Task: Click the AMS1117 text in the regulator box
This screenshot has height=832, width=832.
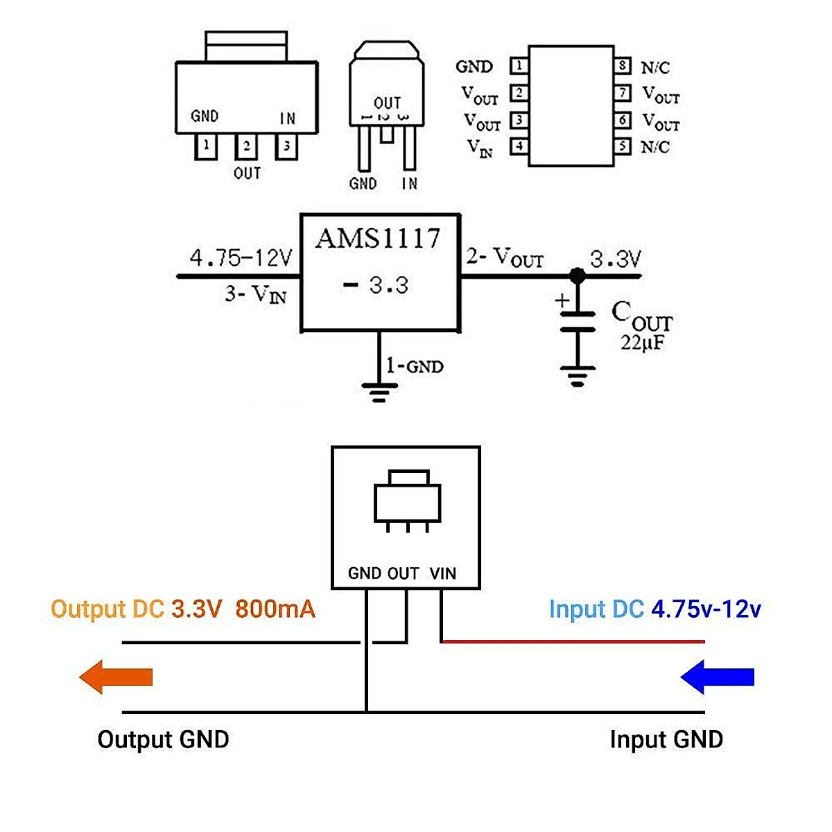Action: [378, 239]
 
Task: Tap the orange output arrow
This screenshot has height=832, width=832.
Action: [116, 677]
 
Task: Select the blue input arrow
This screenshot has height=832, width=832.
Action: [717, 677]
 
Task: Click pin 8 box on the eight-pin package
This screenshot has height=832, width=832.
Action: [623, 67]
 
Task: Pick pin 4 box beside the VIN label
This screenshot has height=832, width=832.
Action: [519, 146]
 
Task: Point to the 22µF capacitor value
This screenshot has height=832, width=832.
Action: [642, 342]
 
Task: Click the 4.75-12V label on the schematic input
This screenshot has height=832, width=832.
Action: [241, 259]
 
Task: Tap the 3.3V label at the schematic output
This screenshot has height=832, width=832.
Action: [616, 259]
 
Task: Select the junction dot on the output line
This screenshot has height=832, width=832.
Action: [577, 276]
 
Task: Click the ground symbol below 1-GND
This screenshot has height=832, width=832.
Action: [379, 393]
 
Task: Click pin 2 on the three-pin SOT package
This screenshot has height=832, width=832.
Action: [246, 147]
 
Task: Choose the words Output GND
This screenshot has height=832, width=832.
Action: [163, 739]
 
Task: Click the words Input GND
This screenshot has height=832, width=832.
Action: [666, 739]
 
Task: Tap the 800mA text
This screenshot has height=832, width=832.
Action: [275, 609]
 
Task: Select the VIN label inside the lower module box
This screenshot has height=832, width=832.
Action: [443, 573]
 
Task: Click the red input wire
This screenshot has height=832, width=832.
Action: [573, 642]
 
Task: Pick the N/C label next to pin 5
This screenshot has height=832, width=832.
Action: [655, 147]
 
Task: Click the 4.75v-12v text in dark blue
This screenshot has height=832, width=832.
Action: [706, 609]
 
